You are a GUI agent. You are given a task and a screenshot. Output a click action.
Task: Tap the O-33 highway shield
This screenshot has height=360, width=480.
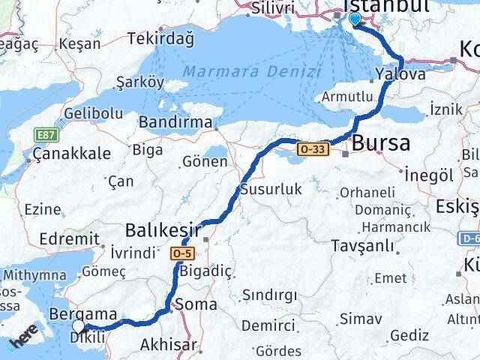(x=313, y=149)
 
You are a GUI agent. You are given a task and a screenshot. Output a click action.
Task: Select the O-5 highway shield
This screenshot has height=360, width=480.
(x=187, y=253)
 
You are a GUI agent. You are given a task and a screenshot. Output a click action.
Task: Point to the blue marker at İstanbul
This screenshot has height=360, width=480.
(x=354, y=19)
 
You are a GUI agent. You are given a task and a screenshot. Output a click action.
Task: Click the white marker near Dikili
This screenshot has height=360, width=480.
(x=79, y=326)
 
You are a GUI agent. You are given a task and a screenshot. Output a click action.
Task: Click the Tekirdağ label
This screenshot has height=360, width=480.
(x=160, y=38)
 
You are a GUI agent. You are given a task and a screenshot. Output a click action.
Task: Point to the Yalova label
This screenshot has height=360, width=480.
(x=400, y=74)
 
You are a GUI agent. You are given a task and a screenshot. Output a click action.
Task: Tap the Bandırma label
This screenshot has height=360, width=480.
(x=175, y=120)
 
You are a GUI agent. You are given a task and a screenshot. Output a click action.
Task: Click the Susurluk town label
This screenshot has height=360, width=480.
(x=271, y=189)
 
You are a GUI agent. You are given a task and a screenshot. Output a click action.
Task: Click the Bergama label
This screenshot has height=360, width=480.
(x=82, y=313)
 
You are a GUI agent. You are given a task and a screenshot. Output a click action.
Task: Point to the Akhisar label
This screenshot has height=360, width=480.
(x=169, y=345)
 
